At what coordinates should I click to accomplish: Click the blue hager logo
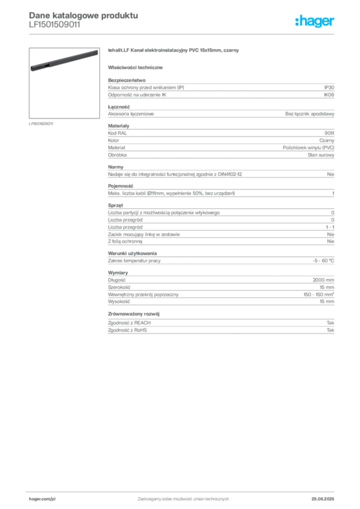[x=316, y=22]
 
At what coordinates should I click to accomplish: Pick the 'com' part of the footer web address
[x=47, y=497]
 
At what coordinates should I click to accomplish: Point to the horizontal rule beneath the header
[x=183, y=34]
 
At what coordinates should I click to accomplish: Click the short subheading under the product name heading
[x=137, y=67]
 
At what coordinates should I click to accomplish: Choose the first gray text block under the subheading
[x=220, y=88]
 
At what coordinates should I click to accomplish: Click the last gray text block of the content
[x=220, y=328]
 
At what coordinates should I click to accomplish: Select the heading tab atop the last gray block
[x=135, y=314]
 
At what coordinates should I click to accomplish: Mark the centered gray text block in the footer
[x=183, y=496]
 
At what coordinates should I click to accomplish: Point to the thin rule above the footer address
[x=183, y=490]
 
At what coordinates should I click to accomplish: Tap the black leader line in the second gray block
[x=219, y=114]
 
